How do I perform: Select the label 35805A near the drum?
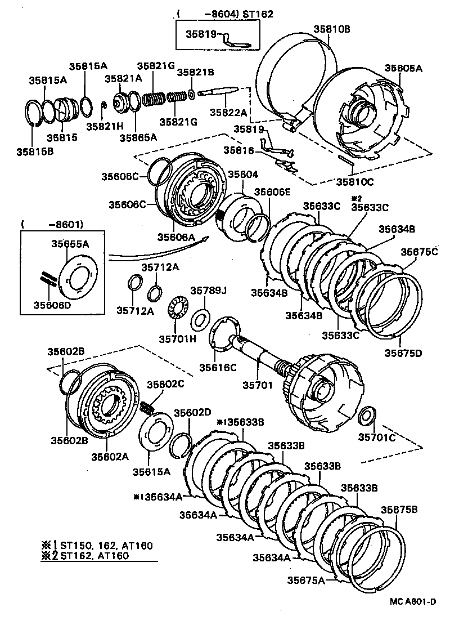(403, 68)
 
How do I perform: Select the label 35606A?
(175, 237)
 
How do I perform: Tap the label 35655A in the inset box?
(70, 244)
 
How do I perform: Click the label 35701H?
(177, 338)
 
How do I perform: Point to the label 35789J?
(208, 291)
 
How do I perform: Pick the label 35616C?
(217, 368)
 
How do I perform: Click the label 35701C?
(377, 436)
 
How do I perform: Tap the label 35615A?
(151, 471)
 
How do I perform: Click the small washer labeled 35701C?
(367, 416)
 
